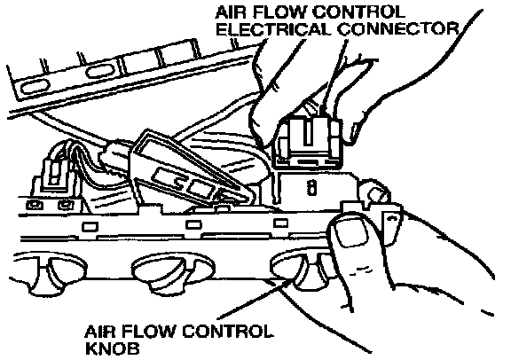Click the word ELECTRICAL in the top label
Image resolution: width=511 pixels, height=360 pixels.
pos(274,29)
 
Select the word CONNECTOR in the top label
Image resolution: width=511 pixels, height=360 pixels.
pos(398,29)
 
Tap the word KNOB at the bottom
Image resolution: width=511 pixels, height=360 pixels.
pos(112,348)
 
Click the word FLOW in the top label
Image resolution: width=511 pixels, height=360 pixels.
pos(280,12)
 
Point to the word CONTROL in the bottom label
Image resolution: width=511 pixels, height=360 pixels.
pos(227,332)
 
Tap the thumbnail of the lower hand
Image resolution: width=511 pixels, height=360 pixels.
pos(349,230)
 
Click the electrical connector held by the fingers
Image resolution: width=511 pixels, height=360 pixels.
pos(309,143)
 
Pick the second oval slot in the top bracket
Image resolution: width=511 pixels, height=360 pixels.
pos(100,71)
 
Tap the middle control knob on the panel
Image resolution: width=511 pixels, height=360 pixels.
pos(171,270)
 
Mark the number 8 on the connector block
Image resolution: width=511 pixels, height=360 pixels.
pos(312,188)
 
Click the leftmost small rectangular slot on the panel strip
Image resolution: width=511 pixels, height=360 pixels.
pos(90,226)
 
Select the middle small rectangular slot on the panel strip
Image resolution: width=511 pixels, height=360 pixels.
pos(193,224)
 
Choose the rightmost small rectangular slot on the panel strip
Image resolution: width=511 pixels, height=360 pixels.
pos(280,223)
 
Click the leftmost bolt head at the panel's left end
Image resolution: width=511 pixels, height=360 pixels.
pos(34,205)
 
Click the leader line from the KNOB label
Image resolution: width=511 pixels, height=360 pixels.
pos(255,299)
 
